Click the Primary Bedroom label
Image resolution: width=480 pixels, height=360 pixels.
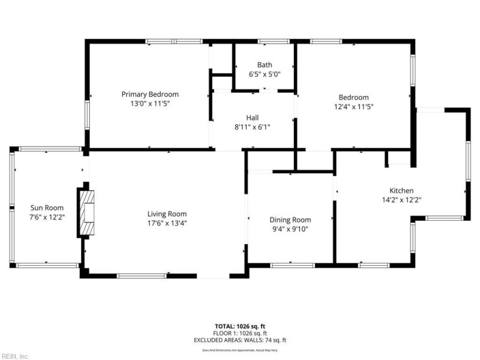(x=150, y=94)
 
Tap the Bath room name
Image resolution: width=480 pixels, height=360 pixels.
(x=265, y=65)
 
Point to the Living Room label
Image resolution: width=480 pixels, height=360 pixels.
(x=167, y=214)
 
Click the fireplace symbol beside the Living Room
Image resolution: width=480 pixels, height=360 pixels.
(x=86, y=213)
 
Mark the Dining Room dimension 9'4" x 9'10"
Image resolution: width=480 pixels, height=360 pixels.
(x=290, y=229)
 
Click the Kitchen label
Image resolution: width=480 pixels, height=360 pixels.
(x=401, y=190)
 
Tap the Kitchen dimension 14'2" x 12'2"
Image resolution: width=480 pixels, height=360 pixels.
(x=401, y=200)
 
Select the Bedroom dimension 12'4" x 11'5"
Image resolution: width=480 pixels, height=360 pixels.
(x=353, y=107)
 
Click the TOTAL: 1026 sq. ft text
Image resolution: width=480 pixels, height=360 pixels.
(x=239, y=326)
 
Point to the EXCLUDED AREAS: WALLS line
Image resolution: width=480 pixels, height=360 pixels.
(x=239, y=340)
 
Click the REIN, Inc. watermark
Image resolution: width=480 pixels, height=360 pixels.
(x=15, y=356)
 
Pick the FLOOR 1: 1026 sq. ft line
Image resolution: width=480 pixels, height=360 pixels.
(x=239, y=333)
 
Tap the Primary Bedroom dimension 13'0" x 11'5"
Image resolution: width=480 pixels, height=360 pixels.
(x=150, y=104)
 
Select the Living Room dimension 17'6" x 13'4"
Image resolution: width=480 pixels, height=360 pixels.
(x=167, y=223)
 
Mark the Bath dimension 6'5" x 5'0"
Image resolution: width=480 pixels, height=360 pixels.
(x=265, y=74)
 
